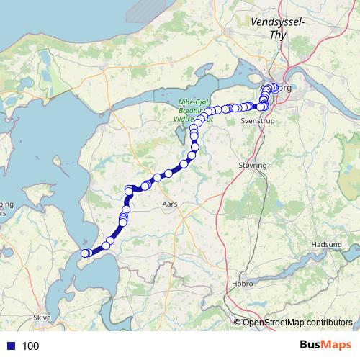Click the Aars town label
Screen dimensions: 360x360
[170, 204]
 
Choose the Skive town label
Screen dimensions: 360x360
[42, 317]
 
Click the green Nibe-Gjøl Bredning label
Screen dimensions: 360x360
[194, 112]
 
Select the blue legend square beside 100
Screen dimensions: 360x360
[12, 346]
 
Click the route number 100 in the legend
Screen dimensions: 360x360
[31, 346]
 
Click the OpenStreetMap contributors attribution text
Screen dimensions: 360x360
[297, 322]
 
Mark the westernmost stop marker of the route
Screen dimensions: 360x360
[84, 253]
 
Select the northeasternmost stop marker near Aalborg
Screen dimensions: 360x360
[276, 88]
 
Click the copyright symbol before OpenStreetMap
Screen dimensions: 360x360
[238, 322]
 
